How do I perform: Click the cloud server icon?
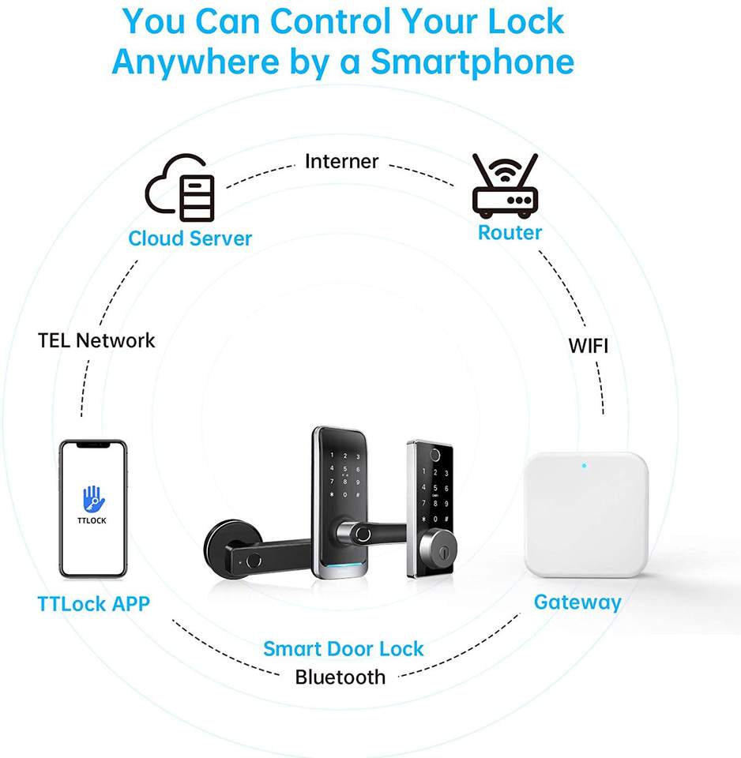pyautogui.click(x=180, y=188)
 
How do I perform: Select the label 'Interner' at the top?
pyautogui.click(x=342, y=162)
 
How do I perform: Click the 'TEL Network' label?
pyautogui.click(x=96, y=340)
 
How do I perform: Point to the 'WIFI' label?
pyautogui.click(x=589, y=345)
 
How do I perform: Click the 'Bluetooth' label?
pyautogui.click(x=340, y=677)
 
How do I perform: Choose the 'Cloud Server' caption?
pyautogui.click(x=190, y=238)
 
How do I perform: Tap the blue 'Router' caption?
pyautogui.click(x=510, y=232)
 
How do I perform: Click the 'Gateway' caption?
pyautogui.click(x=577, y=602)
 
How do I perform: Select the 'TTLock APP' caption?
pyautogui.click(x=93, y=604)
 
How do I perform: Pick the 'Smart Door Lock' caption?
pyautogui.click(x=344, y=649)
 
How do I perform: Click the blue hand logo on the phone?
pyautogui.click(x=93, y=498)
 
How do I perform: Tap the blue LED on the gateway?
pyautogui.click(x=584, y=465)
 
